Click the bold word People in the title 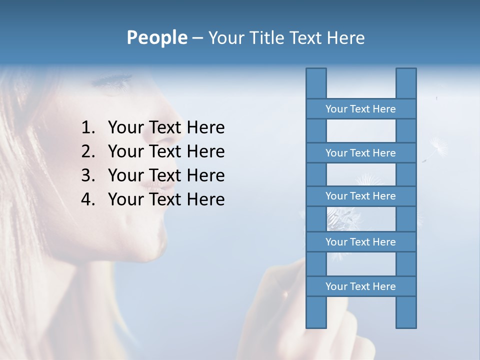coord(156,37)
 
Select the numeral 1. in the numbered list coord(88,128)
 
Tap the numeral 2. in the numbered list coord(88,151)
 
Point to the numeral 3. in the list coord(88,175)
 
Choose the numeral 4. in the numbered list coord(88,199)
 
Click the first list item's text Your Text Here coord(166,128)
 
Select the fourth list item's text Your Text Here coord(166,199)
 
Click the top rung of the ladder coord(360,109)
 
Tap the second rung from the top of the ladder coord(360,153)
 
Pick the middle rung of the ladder coord(360,196)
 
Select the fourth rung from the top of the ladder coord(360,242)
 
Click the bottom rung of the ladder coord(360,286)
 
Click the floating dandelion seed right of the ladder coord(438,146)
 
